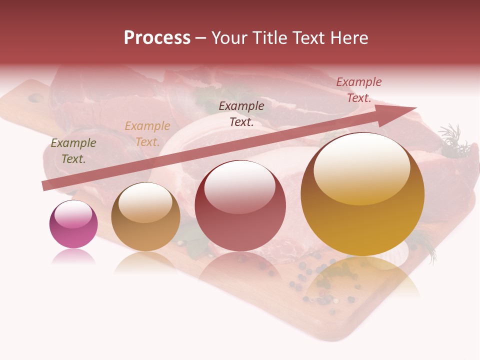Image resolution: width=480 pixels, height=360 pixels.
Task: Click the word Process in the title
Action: pyautogui.click(x=157, y=38)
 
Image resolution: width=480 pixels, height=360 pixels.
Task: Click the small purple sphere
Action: pyautogui.click(x=73, y=224)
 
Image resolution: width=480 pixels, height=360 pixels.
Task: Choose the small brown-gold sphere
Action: pyautogui.click(x=145, y=216)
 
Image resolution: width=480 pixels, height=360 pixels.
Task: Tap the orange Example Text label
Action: pyautogui.click(x=147, y=134)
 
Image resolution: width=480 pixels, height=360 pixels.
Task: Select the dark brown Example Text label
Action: pyautogui.click(x=241, y=113)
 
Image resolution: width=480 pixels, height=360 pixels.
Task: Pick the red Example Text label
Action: pyautogui.click(x=359, y=90)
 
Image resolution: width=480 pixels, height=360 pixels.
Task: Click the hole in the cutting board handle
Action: pyautogui.click(x=35, y=98)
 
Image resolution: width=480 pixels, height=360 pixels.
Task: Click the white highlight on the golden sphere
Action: pyautogui.click(x=361, y=167)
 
